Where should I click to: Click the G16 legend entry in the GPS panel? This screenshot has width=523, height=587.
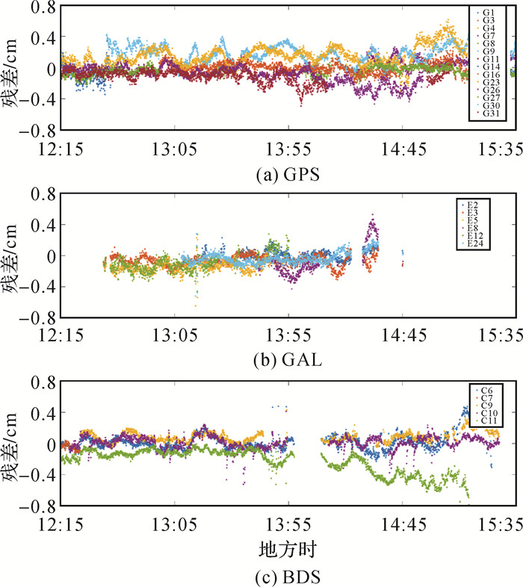coord(491,75)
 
